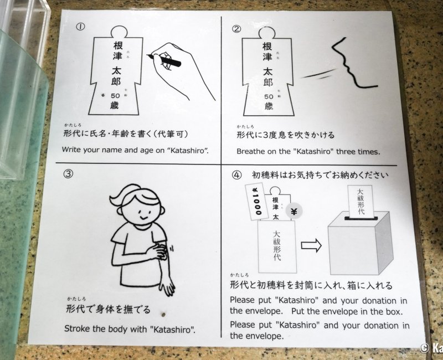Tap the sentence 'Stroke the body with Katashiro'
coord(130,328)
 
